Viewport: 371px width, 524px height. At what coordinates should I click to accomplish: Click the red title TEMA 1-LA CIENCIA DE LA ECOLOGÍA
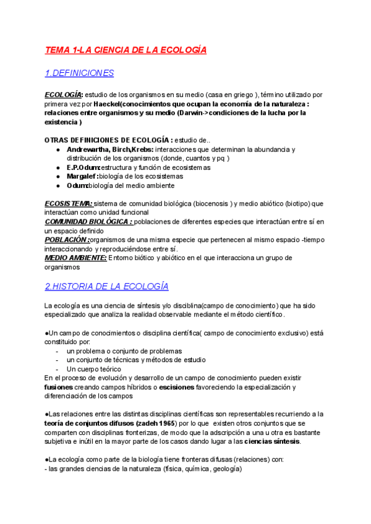coord(126,49)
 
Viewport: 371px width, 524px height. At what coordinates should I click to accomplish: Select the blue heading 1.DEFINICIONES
coord(79,73)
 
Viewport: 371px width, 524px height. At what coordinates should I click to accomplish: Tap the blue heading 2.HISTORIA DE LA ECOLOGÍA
coord(106,287)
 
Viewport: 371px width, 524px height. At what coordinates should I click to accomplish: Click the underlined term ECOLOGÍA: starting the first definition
coord(64,95)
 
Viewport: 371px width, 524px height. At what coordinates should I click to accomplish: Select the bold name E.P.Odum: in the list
coord(85,167)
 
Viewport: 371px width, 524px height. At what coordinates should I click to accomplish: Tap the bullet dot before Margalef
coord(58,177)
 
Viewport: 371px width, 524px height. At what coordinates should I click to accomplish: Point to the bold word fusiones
coord(59,387)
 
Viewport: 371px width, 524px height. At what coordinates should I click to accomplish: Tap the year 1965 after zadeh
coord(164,423)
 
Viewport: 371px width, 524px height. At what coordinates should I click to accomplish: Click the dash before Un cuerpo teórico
coord(58,369)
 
